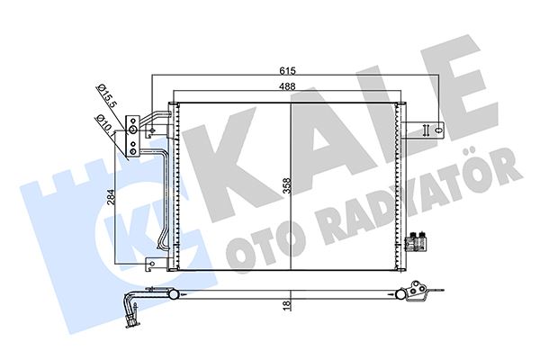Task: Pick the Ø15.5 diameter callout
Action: click(106, 94)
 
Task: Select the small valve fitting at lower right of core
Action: click(416, 241)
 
